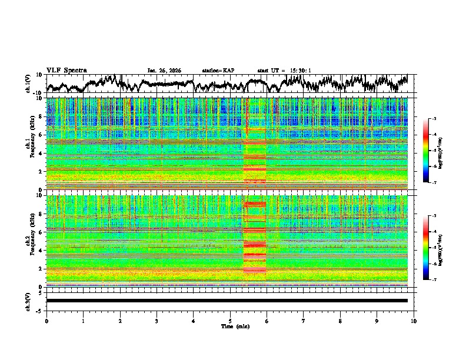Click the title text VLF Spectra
point(66,70)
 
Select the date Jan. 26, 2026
point(164,71)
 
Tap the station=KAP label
point(218,71)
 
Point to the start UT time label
point(285,71)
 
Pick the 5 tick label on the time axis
point(230,321)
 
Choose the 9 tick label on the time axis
point(377,321)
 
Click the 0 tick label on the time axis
point(46,321)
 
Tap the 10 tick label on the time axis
point(414,321)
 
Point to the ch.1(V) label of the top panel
point(28,84)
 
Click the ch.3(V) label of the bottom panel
point(28,301)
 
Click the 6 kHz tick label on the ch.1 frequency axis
point(41,135)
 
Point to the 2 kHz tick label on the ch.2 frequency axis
point(41,269)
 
